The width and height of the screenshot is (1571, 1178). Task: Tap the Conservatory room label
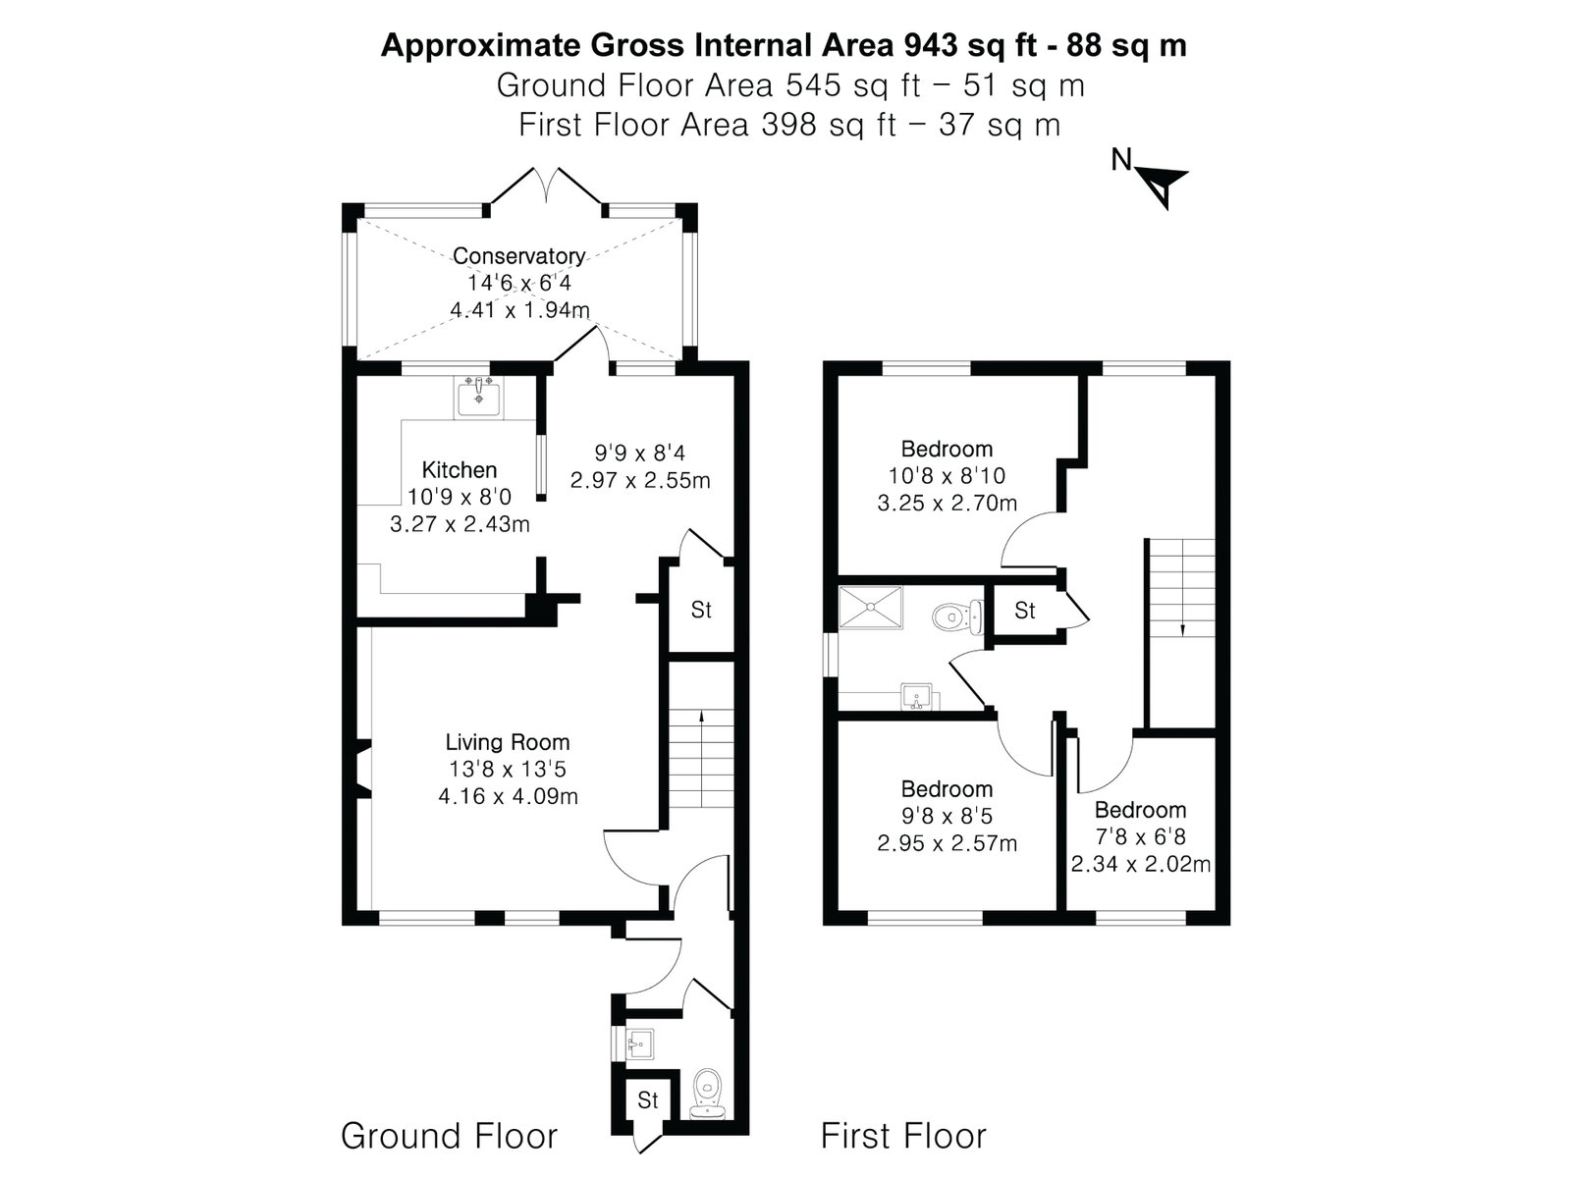(x=518, y=255)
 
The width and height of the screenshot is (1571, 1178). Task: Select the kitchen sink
(x=478, y=397)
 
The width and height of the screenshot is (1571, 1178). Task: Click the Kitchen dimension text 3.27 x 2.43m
(x=460, y=524)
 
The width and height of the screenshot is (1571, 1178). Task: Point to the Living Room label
(x=508, y=742)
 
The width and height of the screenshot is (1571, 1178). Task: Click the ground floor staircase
(x=701, y=758)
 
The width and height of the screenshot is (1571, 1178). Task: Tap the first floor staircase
(x=1181, y=587)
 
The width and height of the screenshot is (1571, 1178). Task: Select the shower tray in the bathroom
(x=870, y=608)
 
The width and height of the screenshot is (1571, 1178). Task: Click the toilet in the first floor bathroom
(x=957, y=616)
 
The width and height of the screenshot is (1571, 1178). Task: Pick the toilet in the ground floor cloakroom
(x=707, y=1094)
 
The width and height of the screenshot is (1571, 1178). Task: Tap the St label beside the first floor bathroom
(x=1025, y=610)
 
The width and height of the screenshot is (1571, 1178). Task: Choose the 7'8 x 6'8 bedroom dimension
(x=1141, y=836)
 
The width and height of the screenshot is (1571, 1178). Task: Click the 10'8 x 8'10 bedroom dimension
(x=947, y=476)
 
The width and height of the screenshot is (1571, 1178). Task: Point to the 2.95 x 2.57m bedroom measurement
(x=947, y=843)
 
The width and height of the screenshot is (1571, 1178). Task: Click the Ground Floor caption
(x=449, y=1135)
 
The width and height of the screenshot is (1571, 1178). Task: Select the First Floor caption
(x=903, y=1135)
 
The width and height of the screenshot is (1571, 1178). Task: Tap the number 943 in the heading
(x=931, y=45)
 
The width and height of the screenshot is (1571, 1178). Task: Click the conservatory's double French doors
(x=546, y=187)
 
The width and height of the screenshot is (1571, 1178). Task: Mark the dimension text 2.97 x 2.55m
(x=640, y=480)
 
